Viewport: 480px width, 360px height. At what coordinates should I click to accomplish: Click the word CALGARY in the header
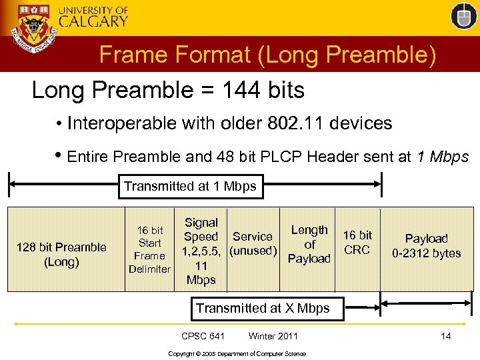[93, 21]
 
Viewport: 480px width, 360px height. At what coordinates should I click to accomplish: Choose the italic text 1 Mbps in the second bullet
[442, 157]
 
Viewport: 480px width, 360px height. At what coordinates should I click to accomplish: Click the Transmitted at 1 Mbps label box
[190, 186]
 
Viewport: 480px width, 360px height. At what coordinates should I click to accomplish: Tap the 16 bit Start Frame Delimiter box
[149, 250]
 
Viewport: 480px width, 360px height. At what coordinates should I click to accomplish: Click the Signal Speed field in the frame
[201, 251]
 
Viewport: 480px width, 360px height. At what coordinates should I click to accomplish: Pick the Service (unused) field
[252, 244]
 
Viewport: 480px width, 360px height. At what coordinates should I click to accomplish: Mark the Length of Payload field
[309, 244]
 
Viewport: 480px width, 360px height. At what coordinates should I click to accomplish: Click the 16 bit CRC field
[357, 243]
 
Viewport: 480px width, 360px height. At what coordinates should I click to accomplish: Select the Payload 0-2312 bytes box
[427, 245]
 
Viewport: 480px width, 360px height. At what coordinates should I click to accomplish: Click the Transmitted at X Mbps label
[262, 308]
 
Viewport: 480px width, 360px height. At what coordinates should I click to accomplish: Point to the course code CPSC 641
[203, 336]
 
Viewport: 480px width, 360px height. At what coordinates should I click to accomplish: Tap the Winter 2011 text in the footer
[273, 336]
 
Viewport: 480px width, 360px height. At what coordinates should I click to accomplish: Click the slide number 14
[445, 336]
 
